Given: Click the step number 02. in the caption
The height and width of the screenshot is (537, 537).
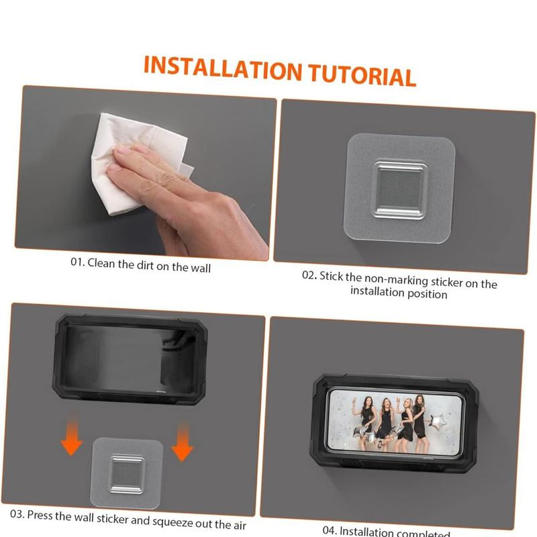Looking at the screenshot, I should [x=308, y=275].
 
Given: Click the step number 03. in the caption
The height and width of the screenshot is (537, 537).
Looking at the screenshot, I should [x=17, y=514].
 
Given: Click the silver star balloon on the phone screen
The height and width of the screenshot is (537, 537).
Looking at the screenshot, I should [x=438, y=423].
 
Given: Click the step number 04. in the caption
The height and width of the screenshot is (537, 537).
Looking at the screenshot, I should [x=331, y=530].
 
